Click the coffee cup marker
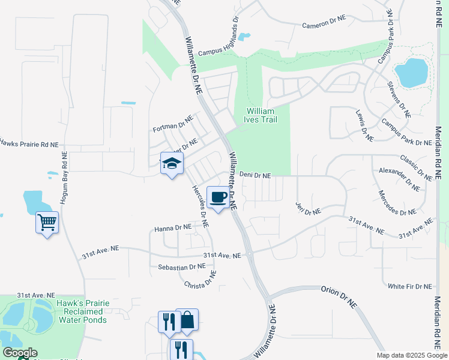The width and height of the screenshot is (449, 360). coord(218,197)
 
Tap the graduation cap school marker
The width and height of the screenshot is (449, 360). coord(172,163)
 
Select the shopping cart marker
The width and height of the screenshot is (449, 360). coord(47,223)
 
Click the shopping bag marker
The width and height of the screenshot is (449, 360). coord(187,320)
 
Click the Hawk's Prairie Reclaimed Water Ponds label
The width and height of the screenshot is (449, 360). coord(83,311)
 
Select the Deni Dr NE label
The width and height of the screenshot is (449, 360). coord(256,176)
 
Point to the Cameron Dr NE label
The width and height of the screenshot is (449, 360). coord(324,23)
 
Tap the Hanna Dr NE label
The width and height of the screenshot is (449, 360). coord(173,228)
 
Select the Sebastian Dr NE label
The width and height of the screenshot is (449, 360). coord(182,266)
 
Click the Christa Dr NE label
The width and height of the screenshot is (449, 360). coord(200,280)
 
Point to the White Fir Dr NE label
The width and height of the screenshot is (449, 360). coord(410,286)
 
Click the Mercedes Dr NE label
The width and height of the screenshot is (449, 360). coord(397,203)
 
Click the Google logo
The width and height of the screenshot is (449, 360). coord(20,353)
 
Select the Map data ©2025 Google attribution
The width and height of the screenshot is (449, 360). coord(411,355)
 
